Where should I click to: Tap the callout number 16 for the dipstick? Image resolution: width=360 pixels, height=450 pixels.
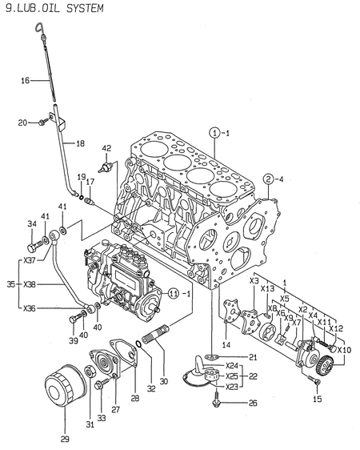(x=25, y=80)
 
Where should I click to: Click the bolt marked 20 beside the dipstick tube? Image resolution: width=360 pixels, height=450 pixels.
(x=22, y=122)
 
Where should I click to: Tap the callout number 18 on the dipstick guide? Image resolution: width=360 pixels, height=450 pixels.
(x=80, y=143)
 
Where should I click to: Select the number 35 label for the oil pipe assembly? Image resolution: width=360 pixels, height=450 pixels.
(x=8, y=283)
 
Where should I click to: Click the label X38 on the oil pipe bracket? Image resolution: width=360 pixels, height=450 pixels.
(x=29, y=283)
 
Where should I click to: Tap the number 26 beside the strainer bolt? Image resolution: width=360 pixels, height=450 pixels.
(x=253, y=403)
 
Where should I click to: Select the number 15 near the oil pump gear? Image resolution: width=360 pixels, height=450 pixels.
(x=318, y=398)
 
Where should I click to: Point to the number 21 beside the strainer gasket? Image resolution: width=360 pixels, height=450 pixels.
(x=253, y=356)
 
